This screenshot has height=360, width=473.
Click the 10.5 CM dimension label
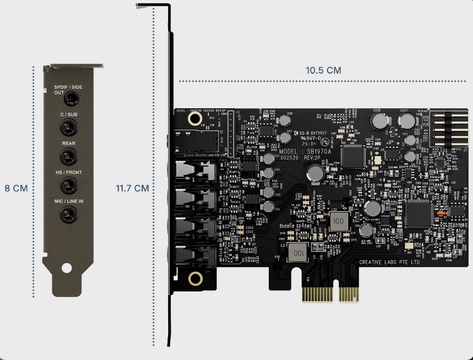[324, 70]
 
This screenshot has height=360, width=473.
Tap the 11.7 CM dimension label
[132, 188]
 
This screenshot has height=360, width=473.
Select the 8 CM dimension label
[16, 188]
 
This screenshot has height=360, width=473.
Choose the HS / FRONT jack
[67, 186]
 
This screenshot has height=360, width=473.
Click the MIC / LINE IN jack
[67, 216]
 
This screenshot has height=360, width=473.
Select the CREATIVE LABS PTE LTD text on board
[389, 262]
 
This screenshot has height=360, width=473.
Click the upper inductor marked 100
[338, 221]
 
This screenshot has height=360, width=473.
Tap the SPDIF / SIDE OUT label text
[67, 89]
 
